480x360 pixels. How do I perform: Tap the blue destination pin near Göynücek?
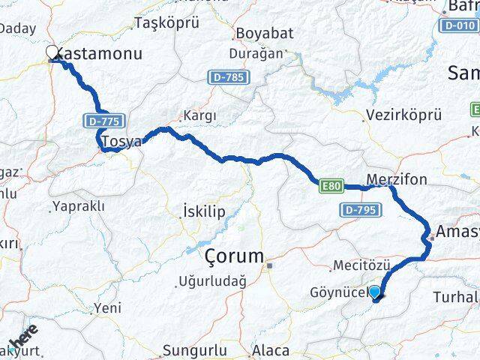click(374, 292)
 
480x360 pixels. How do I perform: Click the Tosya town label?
click(121, 142)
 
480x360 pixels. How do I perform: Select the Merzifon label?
click(397, 180)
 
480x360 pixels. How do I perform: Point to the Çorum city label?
click(233, 256)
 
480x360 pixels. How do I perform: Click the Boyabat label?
click(259, 34)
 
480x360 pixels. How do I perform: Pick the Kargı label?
click(200, 116)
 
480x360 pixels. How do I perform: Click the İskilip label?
click(203, 212)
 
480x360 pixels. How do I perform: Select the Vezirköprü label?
click(404, 115)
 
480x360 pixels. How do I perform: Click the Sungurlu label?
click(195, 350)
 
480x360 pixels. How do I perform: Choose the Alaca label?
click(271, 350)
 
